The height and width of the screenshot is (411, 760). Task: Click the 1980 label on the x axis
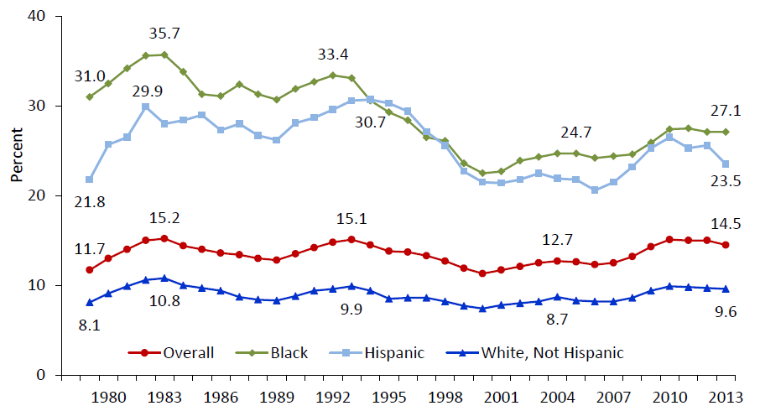[108, 395]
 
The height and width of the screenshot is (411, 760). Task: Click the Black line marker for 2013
[724, 132]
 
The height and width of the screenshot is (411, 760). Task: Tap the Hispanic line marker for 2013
[724, 164]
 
